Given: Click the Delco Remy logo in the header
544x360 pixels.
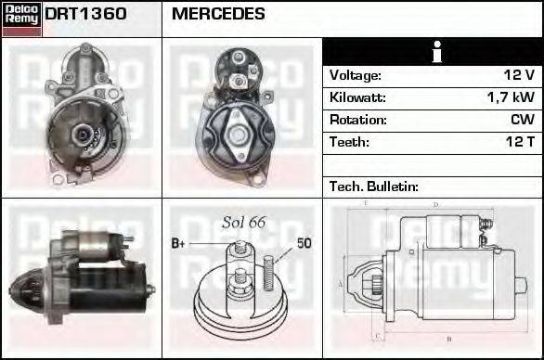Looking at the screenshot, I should click(x=21, y=19).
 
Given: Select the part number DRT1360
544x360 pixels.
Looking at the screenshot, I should click(x=86, y=15).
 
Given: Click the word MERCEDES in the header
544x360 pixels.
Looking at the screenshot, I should click(x=218, y=15).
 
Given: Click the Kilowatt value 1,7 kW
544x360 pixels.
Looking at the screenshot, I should click(x=510, y=97).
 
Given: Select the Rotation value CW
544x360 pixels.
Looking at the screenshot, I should click(x=522, y=120).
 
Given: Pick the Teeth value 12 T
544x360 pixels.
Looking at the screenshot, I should click(x=518, y=142).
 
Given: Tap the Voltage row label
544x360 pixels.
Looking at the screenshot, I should click(x=355, y=75).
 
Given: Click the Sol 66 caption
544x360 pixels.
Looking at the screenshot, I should click(x=244, y=222).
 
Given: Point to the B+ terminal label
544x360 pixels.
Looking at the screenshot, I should click(x=180, y=244).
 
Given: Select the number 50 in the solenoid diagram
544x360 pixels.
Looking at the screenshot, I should click(x=304, y=244).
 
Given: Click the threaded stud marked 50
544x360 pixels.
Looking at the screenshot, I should click(x=269, y=267).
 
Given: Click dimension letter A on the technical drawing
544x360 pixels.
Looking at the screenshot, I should click(x=340, y=284).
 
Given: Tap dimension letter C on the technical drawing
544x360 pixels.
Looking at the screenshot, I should click(x=375, y=336).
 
